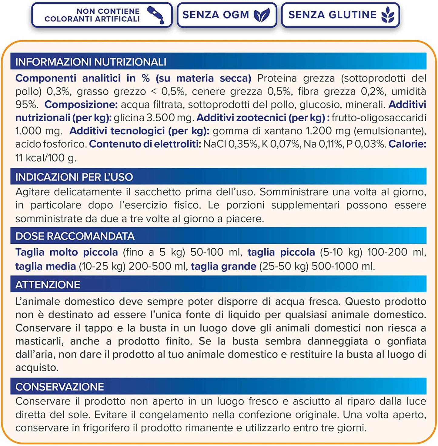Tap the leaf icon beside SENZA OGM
(x=262, y=15)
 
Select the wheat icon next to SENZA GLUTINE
(x=388, y=15)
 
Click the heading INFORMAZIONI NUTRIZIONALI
(x=91, y=62)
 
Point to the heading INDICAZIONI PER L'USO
(x=74, y=177)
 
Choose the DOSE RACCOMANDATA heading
(x=75, y=236)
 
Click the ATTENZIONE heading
(x=48, y=284)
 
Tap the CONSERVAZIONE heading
(x=59, y=387)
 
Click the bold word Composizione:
(x=81, y=105)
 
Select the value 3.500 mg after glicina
(x=170, y=118)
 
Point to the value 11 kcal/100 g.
(x=46, y=158)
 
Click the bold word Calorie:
(x=407, y=144)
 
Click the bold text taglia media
(x=45, y=266)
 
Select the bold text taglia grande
(x=223, y=266)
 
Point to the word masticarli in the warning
(x=39, y=341)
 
